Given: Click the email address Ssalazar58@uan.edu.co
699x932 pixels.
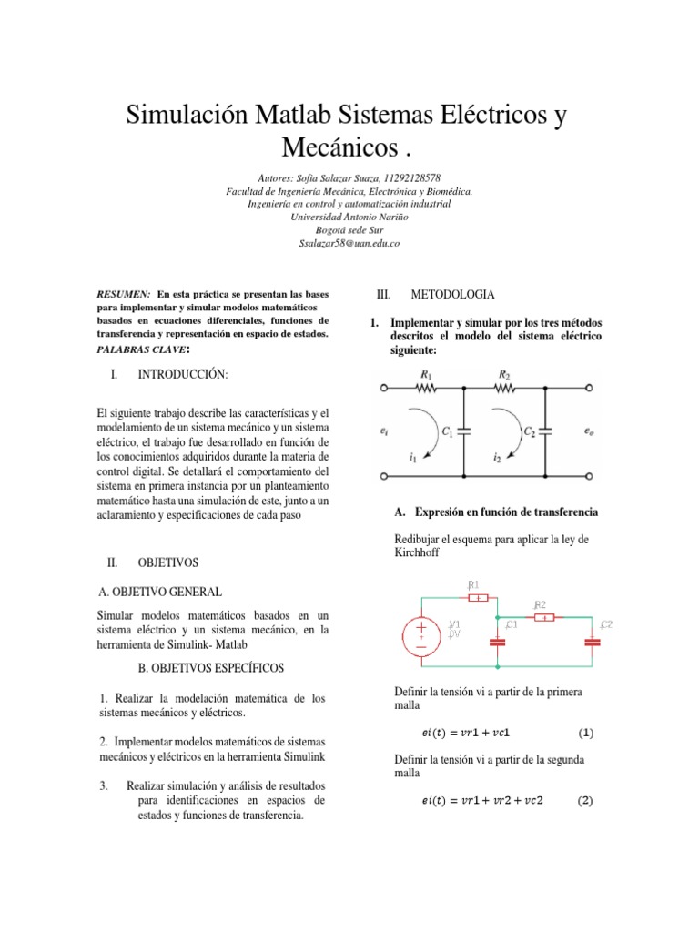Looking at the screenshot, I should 349,244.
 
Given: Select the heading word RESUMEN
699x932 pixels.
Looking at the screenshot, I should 123,295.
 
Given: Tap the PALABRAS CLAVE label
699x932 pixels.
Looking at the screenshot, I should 143,349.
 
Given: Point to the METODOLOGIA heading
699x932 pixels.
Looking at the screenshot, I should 452,295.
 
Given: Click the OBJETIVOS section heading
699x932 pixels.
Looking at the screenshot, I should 167,563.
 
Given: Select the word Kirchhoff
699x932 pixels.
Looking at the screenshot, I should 415,552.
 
